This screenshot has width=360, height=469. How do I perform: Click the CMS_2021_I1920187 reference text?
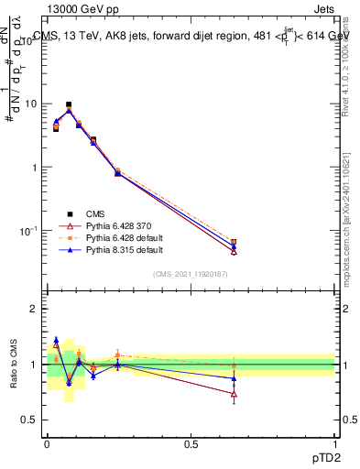click(x=191, y=273)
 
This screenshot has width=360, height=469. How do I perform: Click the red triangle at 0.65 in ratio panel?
click(x=234, y=395)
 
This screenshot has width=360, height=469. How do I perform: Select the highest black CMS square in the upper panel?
click(x=69, y=105)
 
